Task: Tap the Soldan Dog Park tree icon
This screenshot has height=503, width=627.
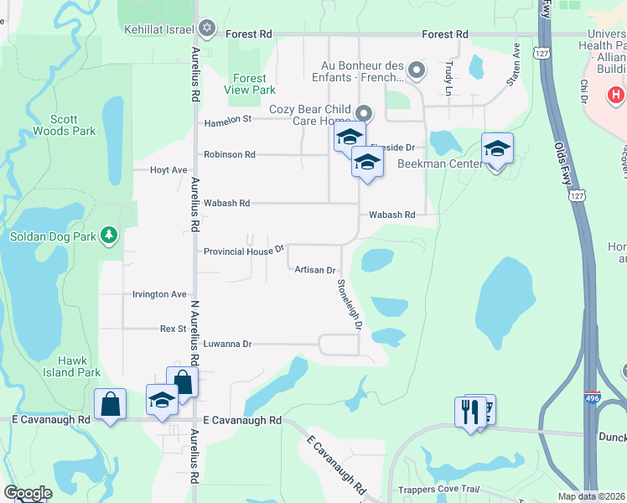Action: [108, 236]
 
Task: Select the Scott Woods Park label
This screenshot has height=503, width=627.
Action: [65, 125]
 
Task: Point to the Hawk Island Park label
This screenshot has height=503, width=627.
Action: [72, 366]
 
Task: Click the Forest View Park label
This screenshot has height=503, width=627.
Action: [250, 84]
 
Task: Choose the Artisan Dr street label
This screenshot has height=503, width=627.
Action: [315, 270]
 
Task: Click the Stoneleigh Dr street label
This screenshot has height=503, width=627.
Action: [350, 303]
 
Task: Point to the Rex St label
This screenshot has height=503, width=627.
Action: [174, 329]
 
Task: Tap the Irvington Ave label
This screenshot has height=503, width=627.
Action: [159, 294]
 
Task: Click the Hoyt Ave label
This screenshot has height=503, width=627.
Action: [168, 169]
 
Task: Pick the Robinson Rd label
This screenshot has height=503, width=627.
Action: [230, 154]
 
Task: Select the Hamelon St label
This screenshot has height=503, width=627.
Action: [228, 122]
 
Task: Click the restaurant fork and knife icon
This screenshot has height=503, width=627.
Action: [469, 412]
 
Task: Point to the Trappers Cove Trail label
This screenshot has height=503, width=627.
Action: [458, 489]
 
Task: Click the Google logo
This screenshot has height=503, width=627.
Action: [28, 493]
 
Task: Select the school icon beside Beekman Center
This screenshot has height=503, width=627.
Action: [497, 148]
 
